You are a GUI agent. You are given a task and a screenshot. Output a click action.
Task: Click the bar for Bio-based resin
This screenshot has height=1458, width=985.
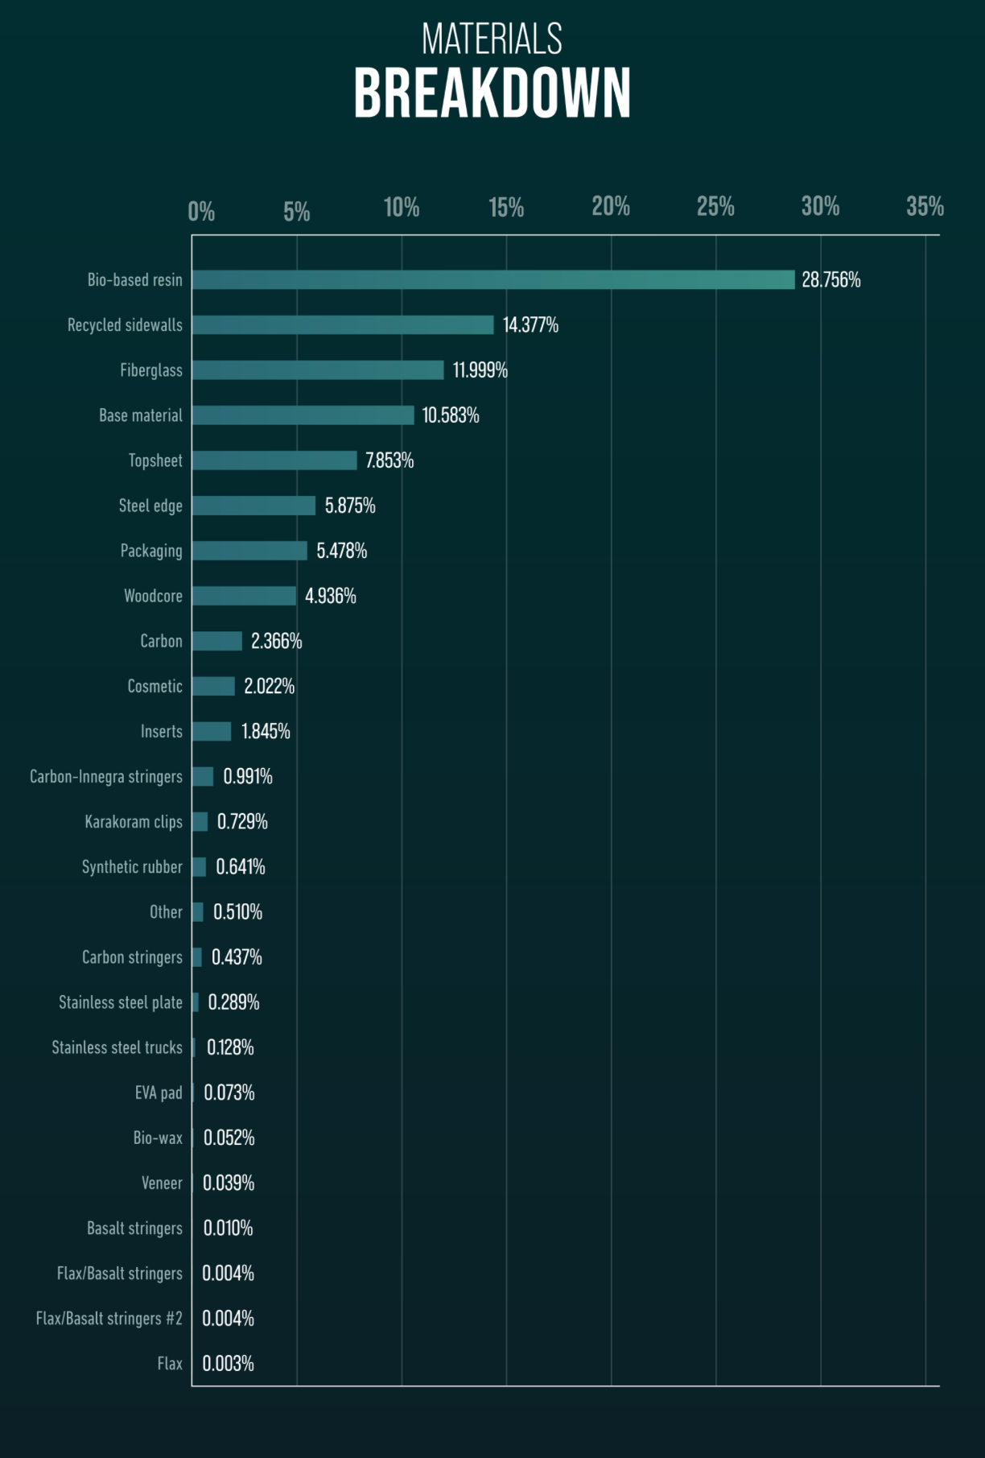[x=492, y=279]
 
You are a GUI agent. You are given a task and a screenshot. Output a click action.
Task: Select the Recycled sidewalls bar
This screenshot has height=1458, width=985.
[x=342, y=324]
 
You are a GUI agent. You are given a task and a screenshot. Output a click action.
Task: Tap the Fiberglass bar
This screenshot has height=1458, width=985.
[x=317, y=370]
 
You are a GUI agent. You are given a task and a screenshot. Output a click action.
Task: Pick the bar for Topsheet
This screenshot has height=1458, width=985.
[x=274, y=461]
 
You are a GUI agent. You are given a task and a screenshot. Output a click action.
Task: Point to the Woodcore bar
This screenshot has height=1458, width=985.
[x=244, y=596]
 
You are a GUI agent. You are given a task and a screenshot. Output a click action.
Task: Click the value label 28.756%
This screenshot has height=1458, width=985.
[x=830, y=279]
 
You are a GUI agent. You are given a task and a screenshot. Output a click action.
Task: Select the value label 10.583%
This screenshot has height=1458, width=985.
[x=451, y=415]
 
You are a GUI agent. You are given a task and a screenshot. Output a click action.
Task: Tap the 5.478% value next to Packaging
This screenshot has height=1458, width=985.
[x=341, y=551]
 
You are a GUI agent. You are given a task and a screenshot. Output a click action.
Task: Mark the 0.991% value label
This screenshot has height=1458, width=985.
[x=248, y=776]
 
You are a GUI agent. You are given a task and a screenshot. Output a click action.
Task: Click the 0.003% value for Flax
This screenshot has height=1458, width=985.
[x=228, y=1363]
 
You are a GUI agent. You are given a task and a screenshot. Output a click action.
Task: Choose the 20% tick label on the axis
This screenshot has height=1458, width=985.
[x=611, y=207]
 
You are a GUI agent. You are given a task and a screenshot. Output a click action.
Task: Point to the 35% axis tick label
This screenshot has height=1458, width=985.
[x=925, y=207]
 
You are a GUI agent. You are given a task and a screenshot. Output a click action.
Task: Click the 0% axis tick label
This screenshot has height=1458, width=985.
[x=201, y=212]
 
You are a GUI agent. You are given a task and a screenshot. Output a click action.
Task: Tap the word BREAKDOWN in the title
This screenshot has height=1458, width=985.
[x=492, y=93]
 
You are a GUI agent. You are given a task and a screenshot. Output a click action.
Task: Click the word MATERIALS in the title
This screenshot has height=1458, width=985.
[x=492, y=39]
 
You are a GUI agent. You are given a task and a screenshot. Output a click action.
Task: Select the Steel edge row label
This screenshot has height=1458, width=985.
[x=150, y=506]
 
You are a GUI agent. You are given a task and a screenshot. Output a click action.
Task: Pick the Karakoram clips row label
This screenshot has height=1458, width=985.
[x=134, y=821]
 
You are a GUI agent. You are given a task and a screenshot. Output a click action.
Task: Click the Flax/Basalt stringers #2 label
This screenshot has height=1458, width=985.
[x=109, y=1318]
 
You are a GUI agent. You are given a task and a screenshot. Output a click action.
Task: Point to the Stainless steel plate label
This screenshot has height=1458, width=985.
[x=121, y=1002]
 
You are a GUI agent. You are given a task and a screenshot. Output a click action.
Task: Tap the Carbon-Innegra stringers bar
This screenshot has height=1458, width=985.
[x=203, y=776]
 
